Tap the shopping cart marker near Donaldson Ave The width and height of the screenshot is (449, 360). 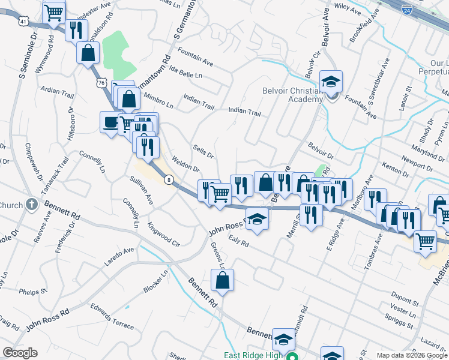point(54,12)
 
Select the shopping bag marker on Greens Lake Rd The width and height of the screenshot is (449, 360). point(222,280)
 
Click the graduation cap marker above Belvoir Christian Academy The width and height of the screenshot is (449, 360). point(331,82)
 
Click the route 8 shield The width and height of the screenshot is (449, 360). point(170,179)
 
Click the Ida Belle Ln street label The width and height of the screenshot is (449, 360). point(186,76)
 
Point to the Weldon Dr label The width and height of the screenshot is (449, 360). point(186,164)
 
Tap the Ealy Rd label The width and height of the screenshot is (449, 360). point(238,241)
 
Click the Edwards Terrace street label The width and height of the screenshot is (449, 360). point(112,316)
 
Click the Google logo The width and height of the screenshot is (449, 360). point(20,353)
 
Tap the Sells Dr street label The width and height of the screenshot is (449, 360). point(203,151)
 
